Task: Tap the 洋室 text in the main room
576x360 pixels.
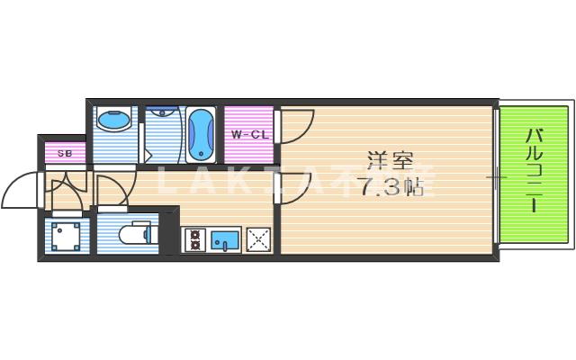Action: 390,163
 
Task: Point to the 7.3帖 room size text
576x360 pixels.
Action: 390,188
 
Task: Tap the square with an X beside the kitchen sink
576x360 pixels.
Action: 258,239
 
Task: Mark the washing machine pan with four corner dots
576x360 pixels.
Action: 66,237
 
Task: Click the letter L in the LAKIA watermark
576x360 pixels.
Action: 165,183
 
